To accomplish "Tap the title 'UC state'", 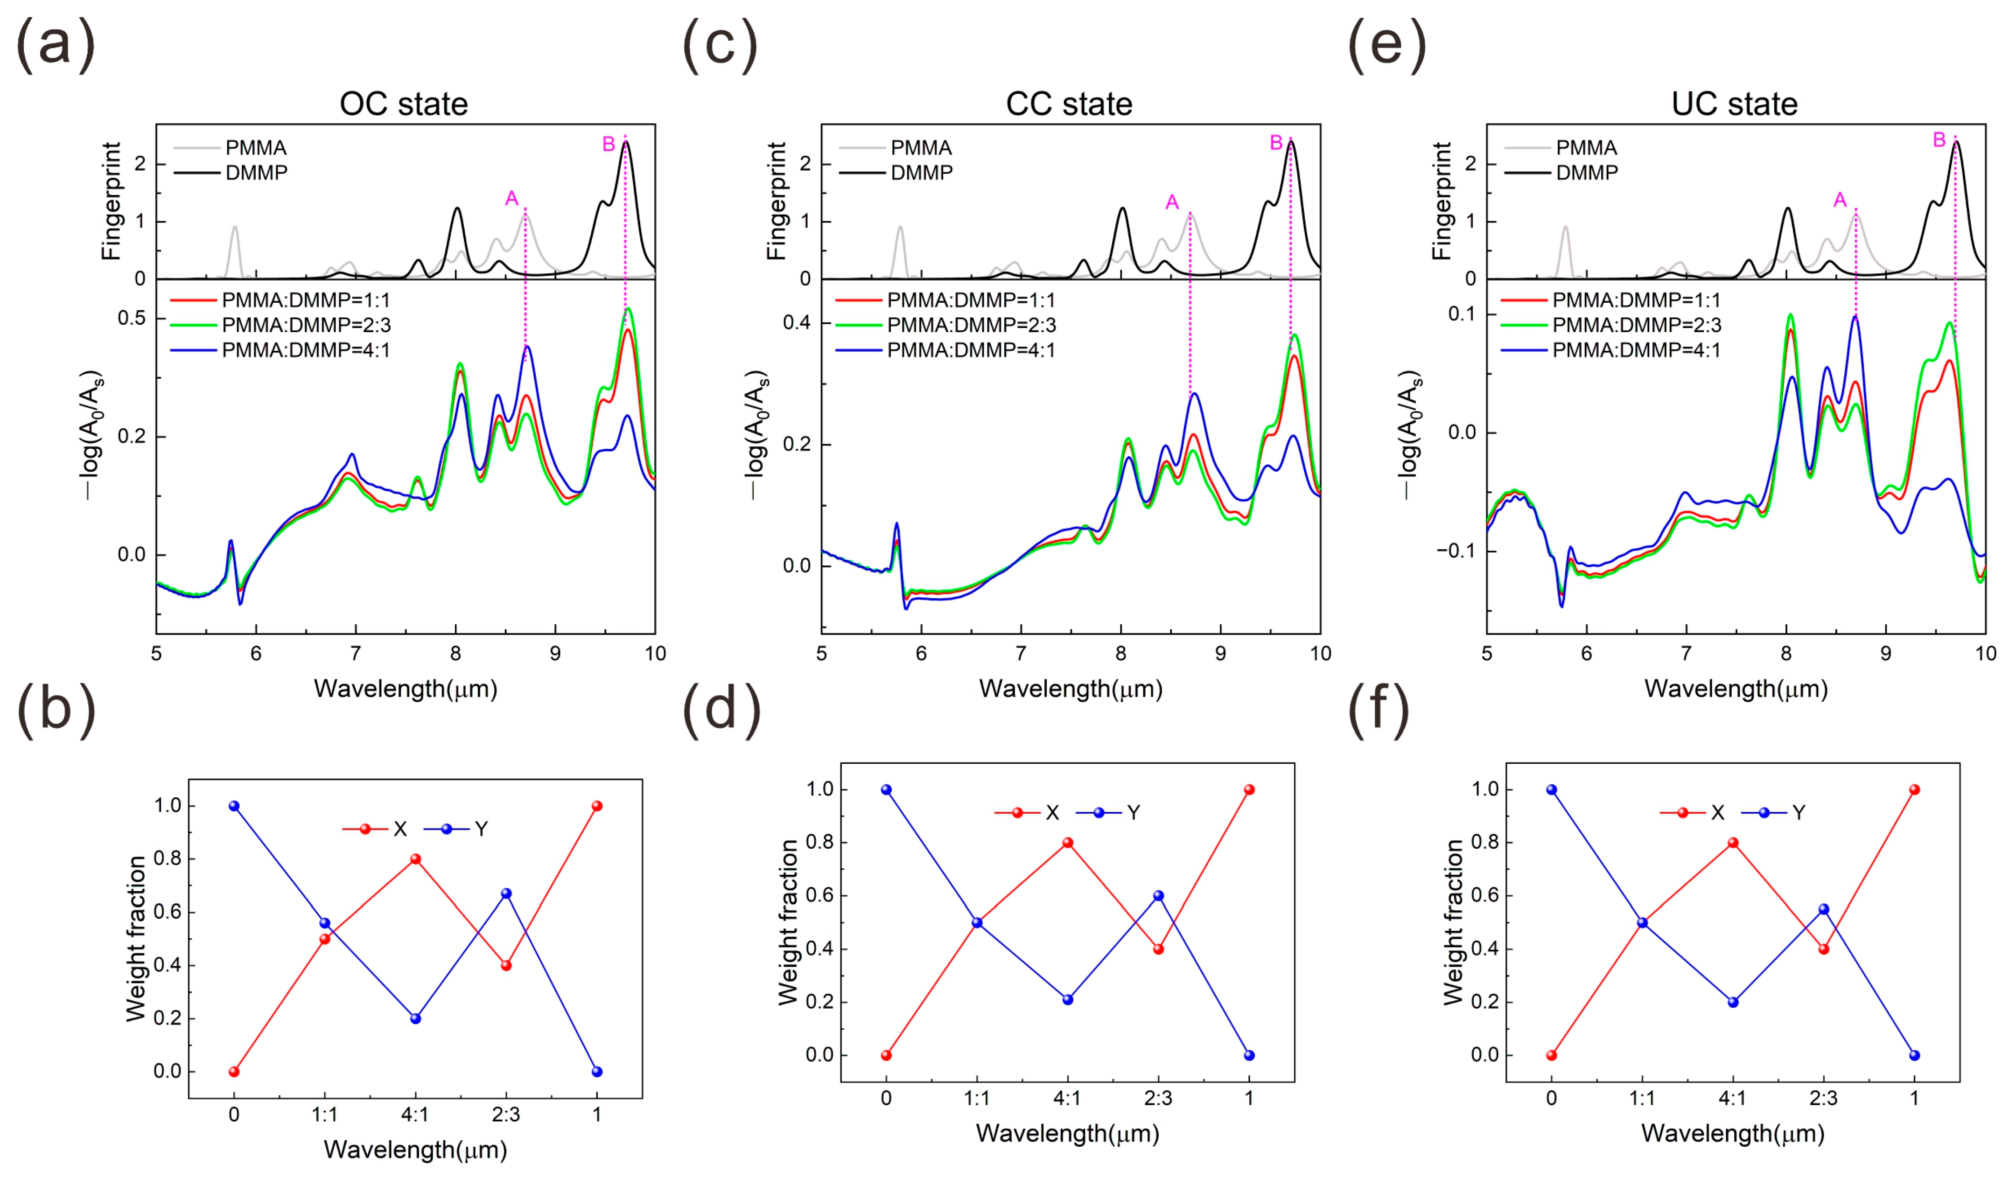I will tap(1735, 104).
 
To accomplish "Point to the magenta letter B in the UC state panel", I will tap(1939, 140).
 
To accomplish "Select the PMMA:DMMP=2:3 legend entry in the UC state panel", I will tap(1637, 325).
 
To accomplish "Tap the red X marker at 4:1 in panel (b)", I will tap(415, 859).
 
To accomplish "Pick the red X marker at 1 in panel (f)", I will tap(1914, 789).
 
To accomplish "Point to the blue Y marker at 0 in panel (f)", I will tap(1552, 789).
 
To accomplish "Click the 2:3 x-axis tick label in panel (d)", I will tap(1158, 1098).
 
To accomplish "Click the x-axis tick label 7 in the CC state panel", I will tap(1021, 654).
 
